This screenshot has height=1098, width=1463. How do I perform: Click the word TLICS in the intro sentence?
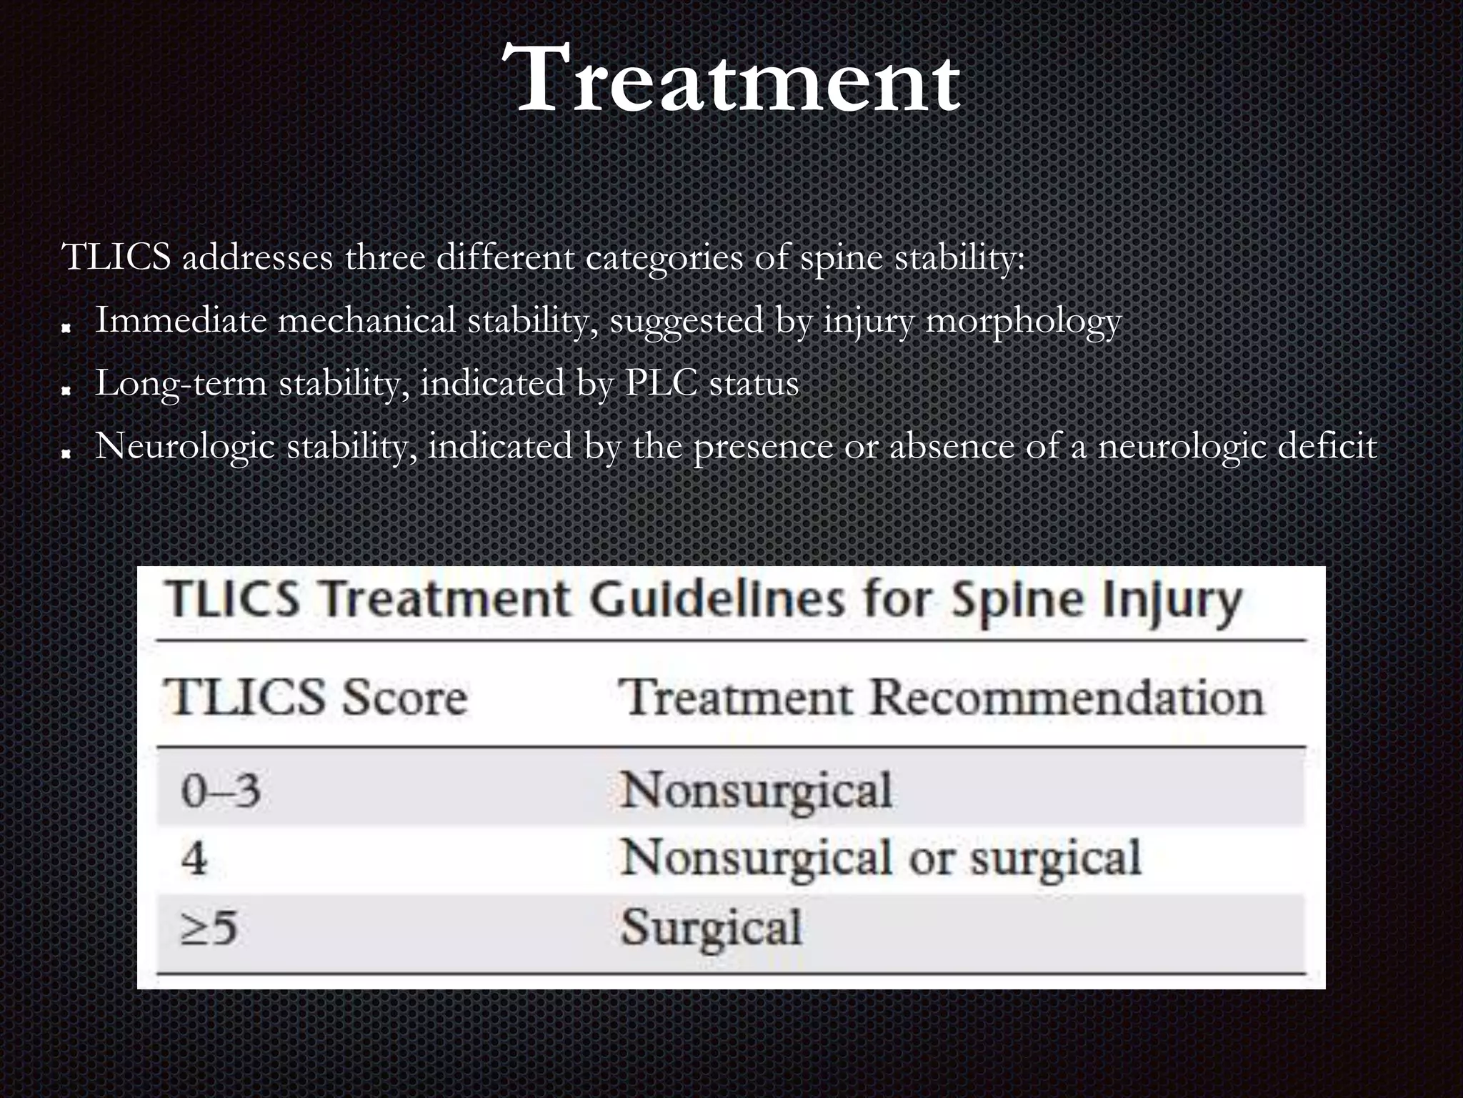pos(116,257)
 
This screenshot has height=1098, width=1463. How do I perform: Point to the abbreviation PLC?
pos(661,383)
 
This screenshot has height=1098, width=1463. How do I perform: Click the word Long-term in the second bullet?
pos(180,383)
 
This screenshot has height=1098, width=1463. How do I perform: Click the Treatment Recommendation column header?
pos(941,697)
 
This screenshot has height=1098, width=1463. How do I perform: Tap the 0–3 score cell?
pos(220,791)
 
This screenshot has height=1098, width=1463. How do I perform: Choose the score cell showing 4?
pos(194,858)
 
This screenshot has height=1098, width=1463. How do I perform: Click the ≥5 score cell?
pos(208,928)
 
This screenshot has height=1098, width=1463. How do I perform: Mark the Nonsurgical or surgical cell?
pos(880,858)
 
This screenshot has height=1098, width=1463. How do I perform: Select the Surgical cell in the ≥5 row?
pos(711,928)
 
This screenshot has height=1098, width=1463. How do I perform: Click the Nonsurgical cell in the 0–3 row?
pos(756,791)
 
